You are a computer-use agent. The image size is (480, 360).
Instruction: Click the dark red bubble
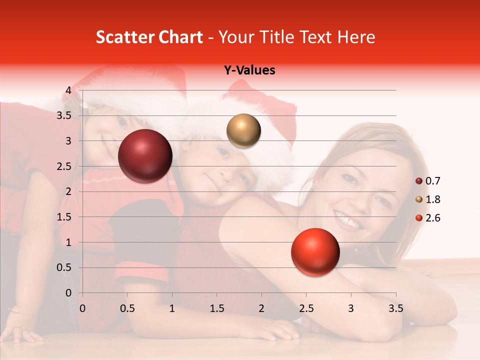145,156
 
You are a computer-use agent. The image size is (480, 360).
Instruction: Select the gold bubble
243,131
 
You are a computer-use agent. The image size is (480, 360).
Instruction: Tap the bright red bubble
315,252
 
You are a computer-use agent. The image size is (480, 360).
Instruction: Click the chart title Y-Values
249,70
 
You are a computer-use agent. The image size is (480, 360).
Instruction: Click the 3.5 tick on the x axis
395,308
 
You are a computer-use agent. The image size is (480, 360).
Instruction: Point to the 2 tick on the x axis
261,308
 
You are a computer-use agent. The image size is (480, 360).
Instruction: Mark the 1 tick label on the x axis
172,308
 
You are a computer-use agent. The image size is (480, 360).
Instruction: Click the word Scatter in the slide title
123,37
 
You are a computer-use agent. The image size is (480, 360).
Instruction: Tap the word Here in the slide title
355,37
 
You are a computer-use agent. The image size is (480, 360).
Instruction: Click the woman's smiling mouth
348,220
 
